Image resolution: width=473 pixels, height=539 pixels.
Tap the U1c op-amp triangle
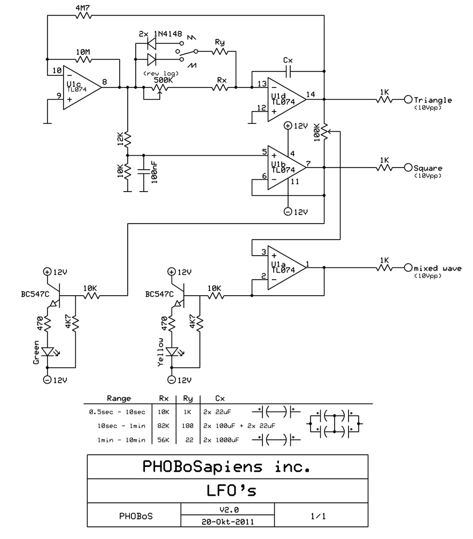coord(80,88)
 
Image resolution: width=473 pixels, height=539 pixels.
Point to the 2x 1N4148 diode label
coord(158,34)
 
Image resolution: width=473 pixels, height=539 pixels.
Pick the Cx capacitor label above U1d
coord(288,60)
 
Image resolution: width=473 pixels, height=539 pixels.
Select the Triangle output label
coord(433,100)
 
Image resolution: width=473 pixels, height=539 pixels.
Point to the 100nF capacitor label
coord(154,172)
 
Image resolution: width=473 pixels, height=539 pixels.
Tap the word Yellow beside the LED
coord(160,353)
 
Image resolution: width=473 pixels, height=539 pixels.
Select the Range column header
coord(119,398)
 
